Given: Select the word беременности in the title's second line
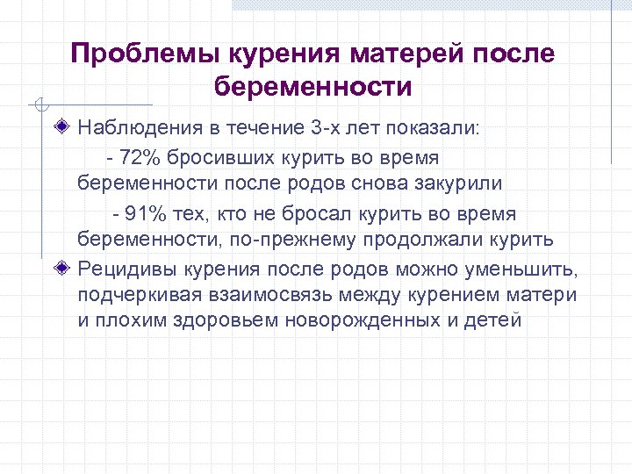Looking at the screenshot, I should (312, 88).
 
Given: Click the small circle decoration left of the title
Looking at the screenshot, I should (38, 105).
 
